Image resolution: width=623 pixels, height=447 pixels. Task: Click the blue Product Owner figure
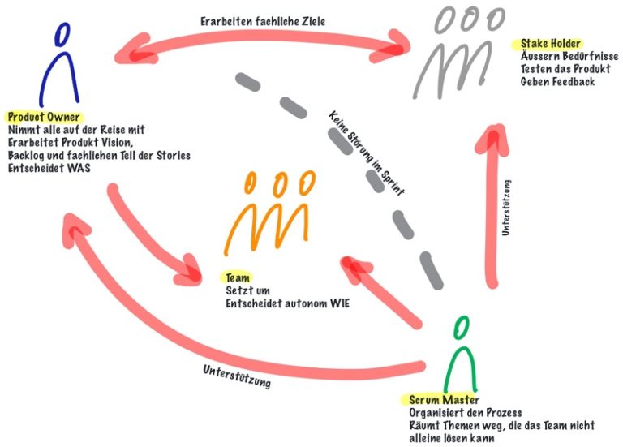point(62,68)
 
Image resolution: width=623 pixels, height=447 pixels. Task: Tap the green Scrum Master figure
point(462,357)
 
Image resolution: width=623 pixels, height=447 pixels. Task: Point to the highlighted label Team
point(237,277)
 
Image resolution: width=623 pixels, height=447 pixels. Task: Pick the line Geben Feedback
point(557,81)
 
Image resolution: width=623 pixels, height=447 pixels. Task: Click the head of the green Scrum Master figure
point(462,328)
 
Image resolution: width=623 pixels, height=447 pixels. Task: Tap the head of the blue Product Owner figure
point(62,33)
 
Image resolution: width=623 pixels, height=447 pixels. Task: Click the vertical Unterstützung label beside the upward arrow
point(506,208)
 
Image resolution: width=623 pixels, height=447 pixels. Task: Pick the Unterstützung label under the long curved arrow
point(236,377)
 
